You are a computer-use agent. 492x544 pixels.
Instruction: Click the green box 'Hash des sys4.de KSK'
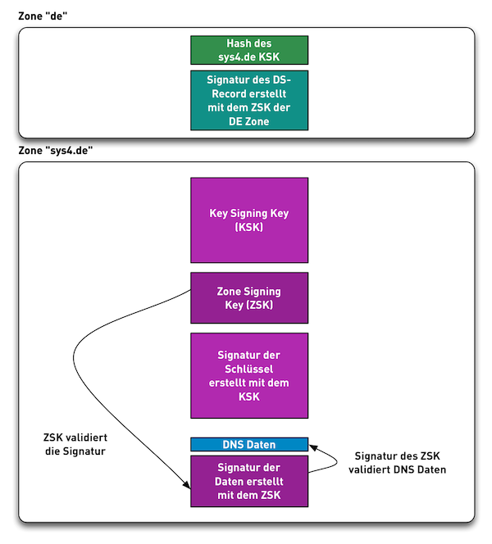click(x=249, y=50)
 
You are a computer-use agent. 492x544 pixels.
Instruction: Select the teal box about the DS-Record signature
click(x=249, y=100)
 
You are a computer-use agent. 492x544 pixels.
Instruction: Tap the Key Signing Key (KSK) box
click(x=249, y=220)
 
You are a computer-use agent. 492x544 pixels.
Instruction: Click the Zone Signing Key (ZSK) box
click(x=249, y=298)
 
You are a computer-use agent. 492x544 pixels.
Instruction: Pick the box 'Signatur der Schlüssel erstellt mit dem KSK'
click(x=249, y=375)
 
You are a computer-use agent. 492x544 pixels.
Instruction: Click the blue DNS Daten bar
click(x=249, y=444)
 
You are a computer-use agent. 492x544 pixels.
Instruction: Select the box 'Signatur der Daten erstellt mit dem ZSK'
click(x=249, y=481)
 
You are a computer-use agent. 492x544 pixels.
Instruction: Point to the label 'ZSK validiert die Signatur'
click(x=75, y=444)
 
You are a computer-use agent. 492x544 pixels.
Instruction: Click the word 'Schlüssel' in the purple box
click(x=249, y=369)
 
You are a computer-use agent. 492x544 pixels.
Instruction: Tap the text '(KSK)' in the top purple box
click(x=249, y=227)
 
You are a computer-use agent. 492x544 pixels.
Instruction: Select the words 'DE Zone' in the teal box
click(x=249, y=121)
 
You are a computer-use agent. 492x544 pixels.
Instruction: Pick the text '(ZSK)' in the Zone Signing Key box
click(x=261, y=306)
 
